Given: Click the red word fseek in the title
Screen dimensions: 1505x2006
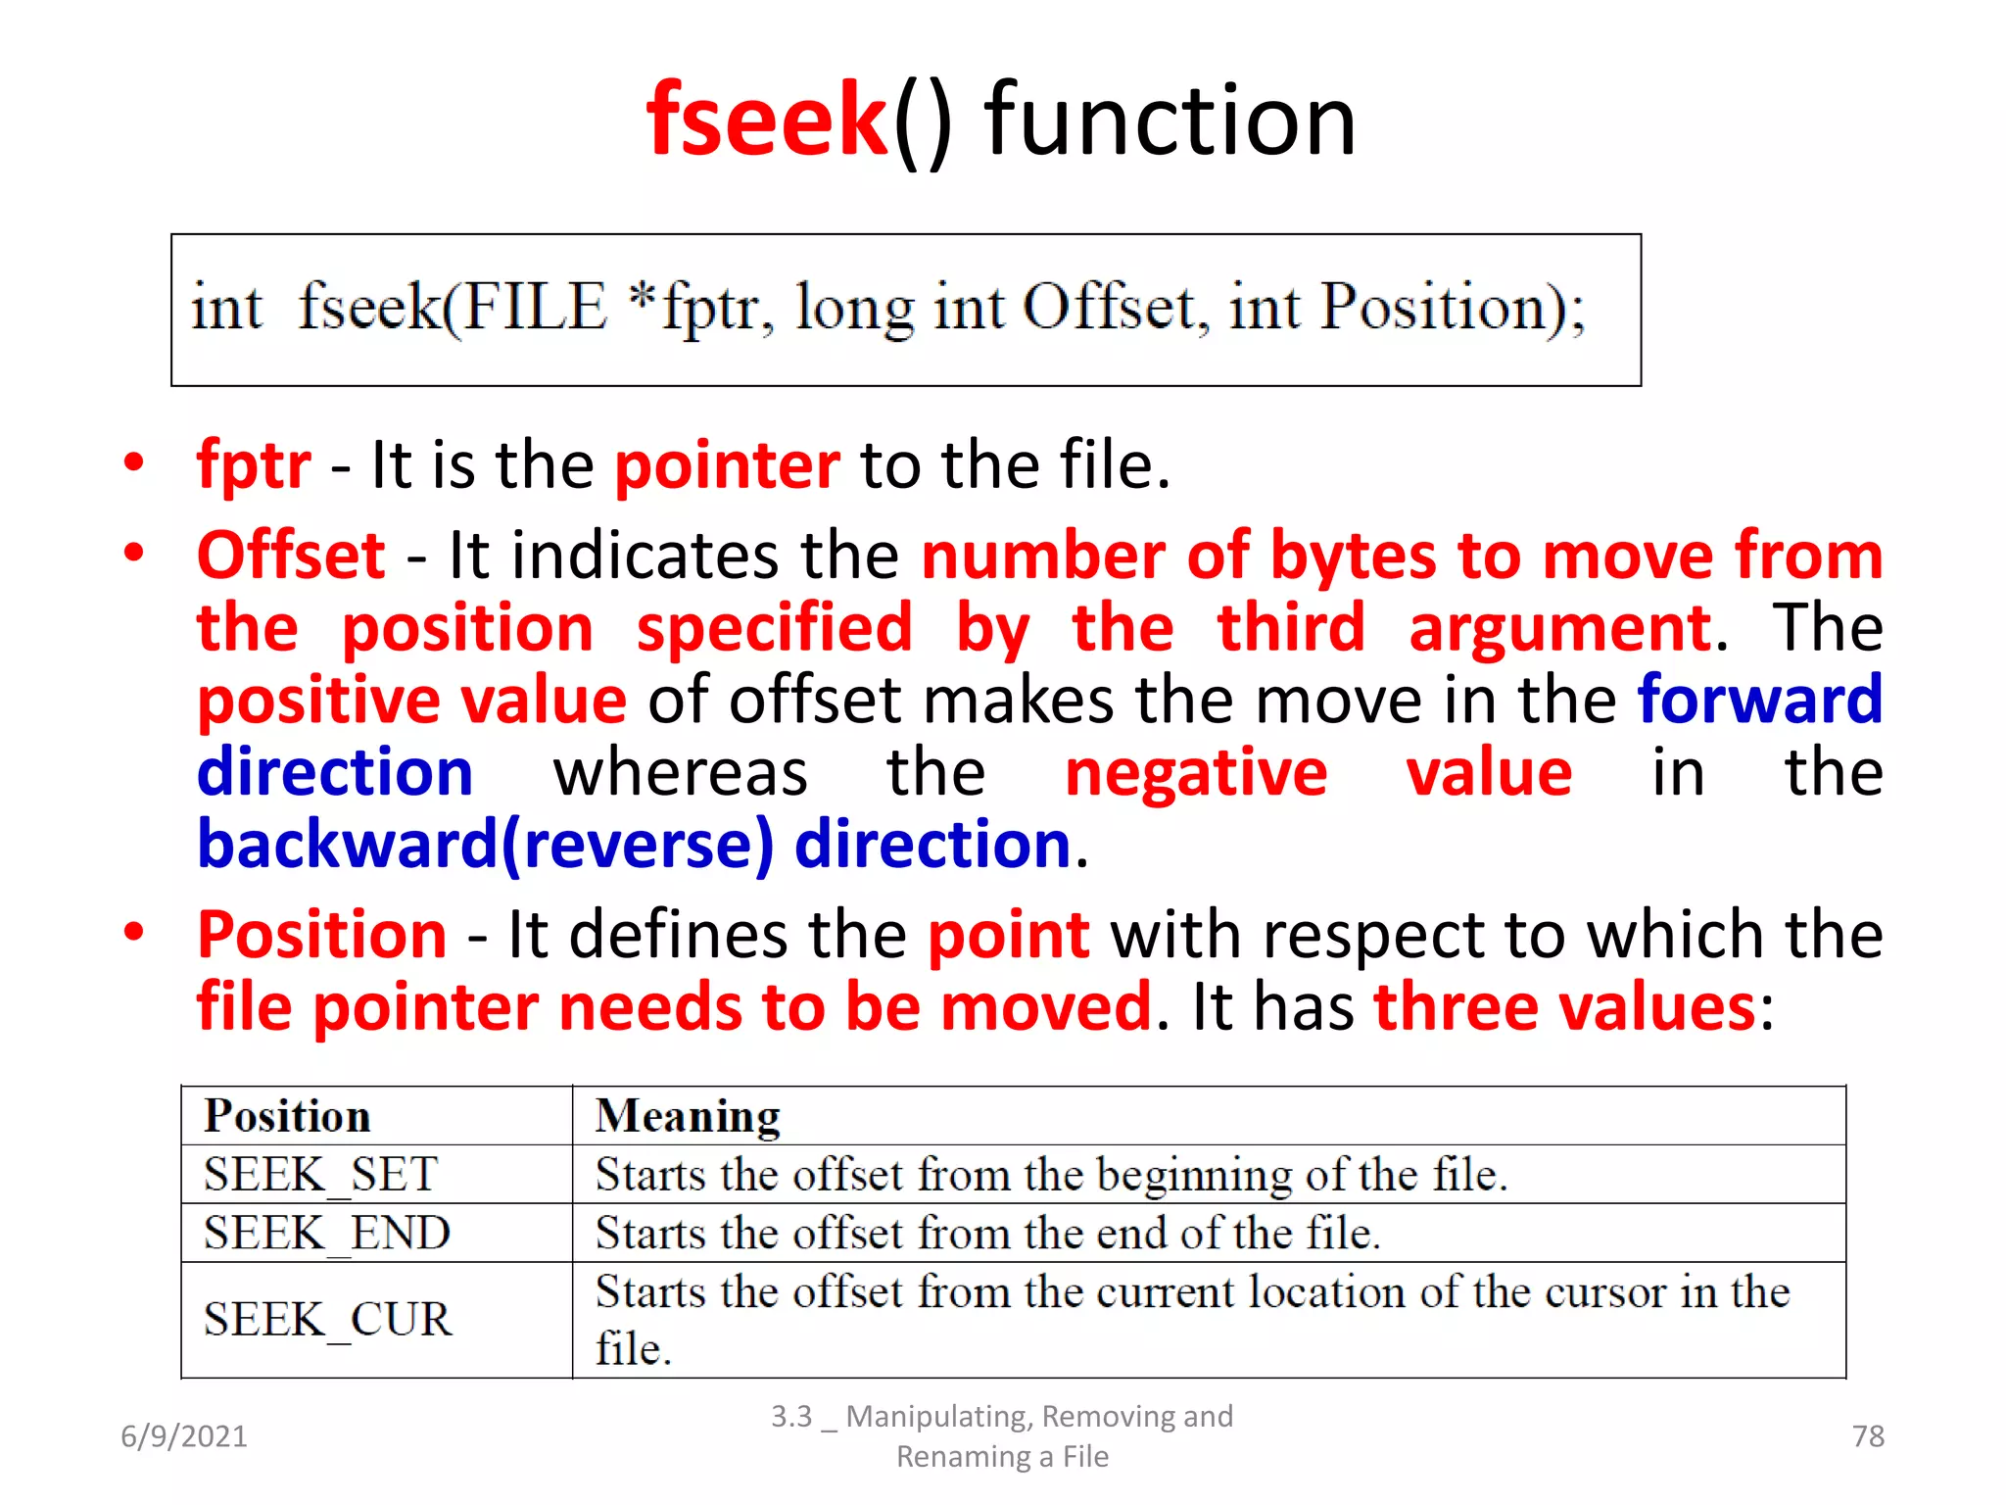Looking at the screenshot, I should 766,120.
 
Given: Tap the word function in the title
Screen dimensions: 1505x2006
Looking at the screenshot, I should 1170,120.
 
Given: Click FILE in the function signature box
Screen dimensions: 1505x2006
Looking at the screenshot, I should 535,308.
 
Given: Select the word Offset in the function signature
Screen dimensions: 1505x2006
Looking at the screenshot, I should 1110,308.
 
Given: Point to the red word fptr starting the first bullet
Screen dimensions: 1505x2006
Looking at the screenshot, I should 254,464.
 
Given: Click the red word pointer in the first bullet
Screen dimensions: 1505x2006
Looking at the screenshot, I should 727,464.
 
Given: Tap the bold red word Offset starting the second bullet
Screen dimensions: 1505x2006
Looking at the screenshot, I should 291,556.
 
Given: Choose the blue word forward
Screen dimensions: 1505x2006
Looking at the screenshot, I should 1760,700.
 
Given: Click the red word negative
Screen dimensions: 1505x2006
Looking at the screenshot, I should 1196,772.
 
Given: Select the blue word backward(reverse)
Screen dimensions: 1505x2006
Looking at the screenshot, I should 485,845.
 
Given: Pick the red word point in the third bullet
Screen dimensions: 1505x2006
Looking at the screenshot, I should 1008,935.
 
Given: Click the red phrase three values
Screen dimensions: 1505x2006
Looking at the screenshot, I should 1564,1007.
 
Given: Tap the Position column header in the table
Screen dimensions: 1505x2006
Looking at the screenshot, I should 287,1116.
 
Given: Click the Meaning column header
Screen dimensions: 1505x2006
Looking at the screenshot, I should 688,1116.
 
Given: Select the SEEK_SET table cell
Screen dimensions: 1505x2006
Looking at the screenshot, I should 320,1174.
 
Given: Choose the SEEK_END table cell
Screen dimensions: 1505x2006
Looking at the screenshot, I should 326,1233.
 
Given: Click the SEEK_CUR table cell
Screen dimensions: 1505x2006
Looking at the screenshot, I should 327,1319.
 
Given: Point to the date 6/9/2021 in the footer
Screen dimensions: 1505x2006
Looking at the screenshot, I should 184,1436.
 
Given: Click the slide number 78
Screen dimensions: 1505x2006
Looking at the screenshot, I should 1868,1436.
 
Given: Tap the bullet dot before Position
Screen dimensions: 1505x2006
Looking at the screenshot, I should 134,932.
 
